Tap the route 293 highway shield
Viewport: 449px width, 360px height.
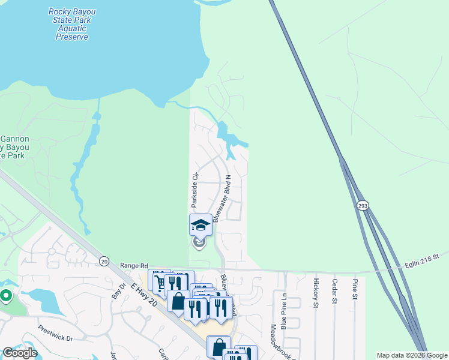pos(362,206)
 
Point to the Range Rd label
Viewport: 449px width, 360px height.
pos(134,265)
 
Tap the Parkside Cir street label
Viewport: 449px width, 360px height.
pos(194,189)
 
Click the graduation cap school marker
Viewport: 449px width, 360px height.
pos(200,225)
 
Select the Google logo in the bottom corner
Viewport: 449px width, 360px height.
pos(20,353)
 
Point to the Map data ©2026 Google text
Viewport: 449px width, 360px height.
pos(412,355)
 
